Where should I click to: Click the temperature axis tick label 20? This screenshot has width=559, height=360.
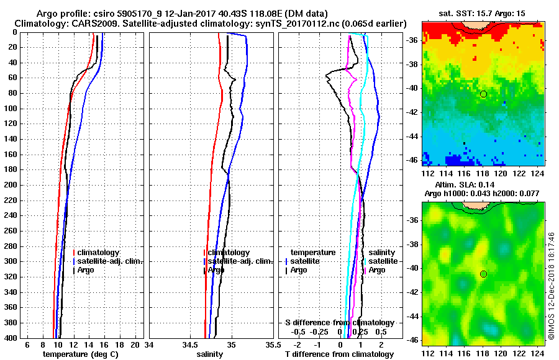(136, 344)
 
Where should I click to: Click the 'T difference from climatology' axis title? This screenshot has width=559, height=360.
(339, 354)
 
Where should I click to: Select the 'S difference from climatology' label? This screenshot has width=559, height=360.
(339, 323)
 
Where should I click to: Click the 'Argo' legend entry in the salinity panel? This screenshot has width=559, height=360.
(216, 270)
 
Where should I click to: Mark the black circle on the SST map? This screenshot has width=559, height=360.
(483, 94)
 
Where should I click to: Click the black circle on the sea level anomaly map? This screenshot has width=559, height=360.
(483, 274)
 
